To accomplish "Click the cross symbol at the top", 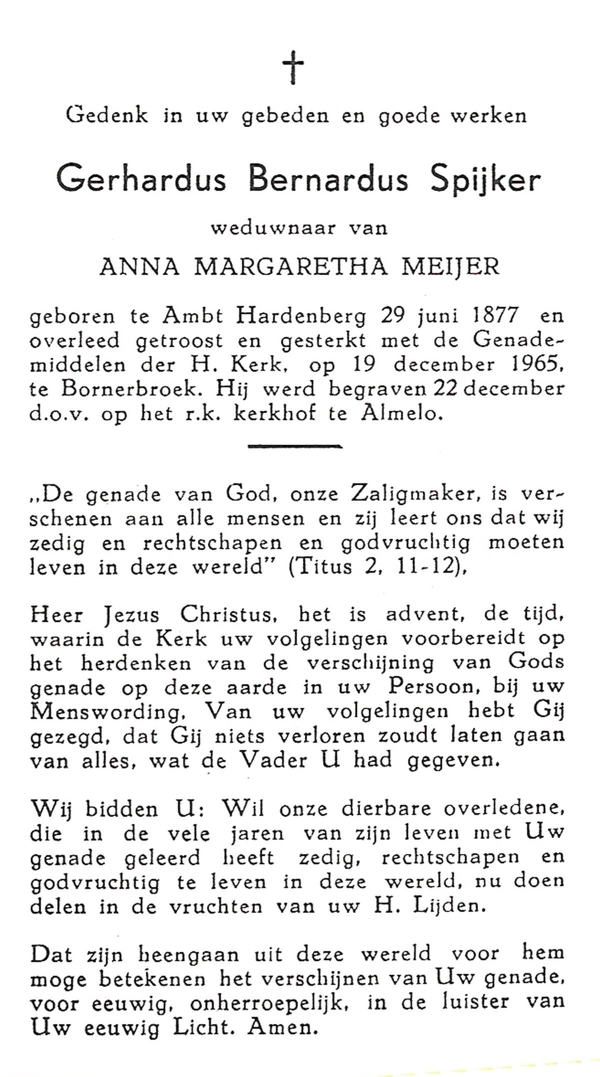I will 293,69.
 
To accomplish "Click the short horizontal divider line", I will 295,445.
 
